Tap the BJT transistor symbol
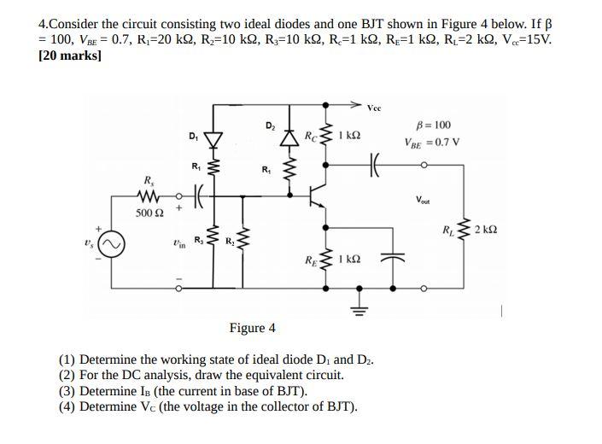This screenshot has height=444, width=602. tap(318, 195)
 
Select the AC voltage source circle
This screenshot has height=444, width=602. tap(112, 244)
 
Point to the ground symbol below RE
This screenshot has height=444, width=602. tap(358, 309)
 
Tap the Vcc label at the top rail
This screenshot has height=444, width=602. tap(375, 108)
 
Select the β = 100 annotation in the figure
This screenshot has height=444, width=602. tap(435, 126)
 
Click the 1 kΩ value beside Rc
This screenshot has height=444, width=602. tap(348, 136)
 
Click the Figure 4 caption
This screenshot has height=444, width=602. tap(252, 328)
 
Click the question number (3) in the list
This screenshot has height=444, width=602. tap(67, 391)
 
